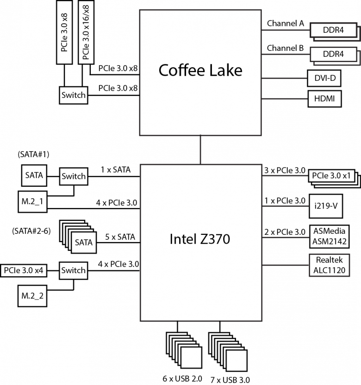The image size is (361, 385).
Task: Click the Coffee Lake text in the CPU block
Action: [200, 70]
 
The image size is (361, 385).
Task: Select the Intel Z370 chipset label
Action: [199, 239]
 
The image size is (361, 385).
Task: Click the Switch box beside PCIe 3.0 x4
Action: [73, 270]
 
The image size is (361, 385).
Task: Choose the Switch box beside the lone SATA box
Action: [73, 176]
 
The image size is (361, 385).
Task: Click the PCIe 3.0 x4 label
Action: [24, 270]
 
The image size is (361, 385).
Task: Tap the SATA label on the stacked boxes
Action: [84, 242]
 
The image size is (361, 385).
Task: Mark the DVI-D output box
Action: [324, 78]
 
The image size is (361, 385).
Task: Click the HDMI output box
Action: [324, 98]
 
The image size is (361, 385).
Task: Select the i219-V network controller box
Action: [325, 207]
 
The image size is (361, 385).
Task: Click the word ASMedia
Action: [329, 231]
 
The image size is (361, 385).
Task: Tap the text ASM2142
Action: [329, 241]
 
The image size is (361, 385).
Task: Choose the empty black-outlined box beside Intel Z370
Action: [329, 265]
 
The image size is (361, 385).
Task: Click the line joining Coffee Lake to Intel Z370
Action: [200, 149]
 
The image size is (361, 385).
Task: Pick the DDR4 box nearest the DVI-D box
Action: [333, 54]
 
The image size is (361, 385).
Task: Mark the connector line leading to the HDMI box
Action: [285, 98]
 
